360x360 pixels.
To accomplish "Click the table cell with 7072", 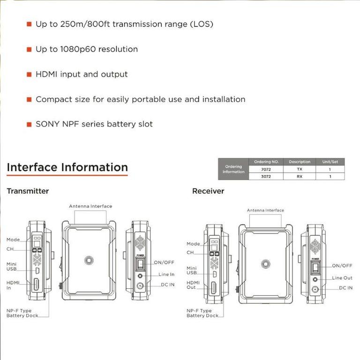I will point(266,169).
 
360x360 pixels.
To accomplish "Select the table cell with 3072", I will point(266,176).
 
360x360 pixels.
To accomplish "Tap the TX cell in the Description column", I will point(300,169).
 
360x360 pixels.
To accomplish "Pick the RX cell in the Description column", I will point(300,176).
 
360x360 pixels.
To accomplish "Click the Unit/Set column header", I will point(330,162).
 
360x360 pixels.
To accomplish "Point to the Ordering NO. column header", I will point(266,162).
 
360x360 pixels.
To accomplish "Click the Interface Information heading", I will point(67,167).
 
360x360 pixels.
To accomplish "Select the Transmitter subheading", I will point(28,191).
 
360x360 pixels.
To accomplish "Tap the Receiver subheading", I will point(208,191).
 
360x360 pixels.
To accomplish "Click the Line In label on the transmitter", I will point(166,274).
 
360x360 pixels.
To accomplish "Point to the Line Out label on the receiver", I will point(342,278).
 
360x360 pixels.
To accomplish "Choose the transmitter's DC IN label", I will point(165,285).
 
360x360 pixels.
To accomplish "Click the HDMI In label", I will point(13,285).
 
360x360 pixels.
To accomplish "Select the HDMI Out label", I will point(193,285).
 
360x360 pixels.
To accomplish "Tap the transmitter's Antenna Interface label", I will point(90,206).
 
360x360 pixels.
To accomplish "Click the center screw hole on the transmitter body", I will point(88,260).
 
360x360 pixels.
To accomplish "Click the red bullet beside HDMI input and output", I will point(29,75).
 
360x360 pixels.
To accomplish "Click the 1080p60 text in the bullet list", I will point(82,49).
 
